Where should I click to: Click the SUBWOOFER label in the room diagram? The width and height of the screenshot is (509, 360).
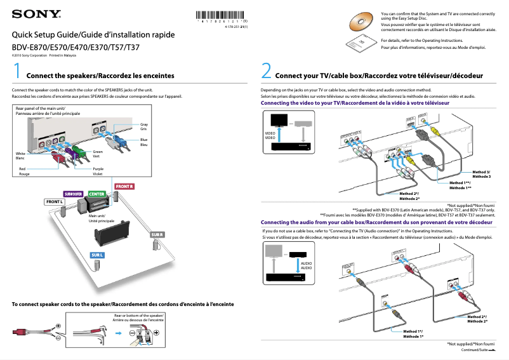click(x=74, y=194)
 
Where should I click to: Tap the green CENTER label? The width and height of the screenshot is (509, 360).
click(x=96, y=194)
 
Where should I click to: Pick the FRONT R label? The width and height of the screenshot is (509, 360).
click(x=124, y=186)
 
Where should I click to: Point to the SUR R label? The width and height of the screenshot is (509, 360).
click(x=157, y=235)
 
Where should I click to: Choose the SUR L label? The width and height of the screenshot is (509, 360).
click(x=96, y=255)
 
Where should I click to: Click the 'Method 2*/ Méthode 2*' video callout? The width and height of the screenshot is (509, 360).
click(x=409, y=195)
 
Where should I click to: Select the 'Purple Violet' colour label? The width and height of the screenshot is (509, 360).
click(x=98, y=171)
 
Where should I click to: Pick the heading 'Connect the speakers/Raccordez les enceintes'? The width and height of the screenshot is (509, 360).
click(x=100, y=76)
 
